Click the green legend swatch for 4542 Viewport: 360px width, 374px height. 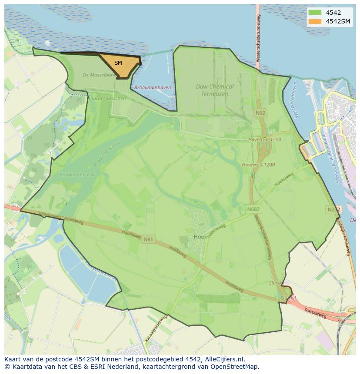(x=315, y=13)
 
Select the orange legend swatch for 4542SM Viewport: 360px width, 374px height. (x=315, y=21)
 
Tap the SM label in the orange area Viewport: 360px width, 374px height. (x=118, y=63)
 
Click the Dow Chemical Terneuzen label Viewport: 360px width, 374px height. (x=214, y=90)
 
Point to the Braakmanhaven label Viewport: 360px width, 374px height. (x=153, y=87)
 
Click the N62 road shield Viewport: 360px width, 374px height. (x=260, y=113)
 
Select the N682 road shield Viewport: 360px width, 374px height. (x=253, y=209)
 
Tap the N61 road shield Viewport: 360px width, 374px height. (x=148, y=239)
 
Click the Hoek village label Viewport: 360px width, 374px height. (x=200, y=237)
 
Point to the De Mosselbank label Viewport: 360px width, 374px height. (x=100, y=75)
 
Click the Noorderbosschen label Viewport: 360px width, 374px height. (x=107, y=99)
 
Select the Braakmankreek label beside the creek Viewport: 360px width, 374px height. (x=77, y=175)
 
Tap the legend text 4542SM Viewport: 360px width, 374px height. (x=338, y=21)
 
